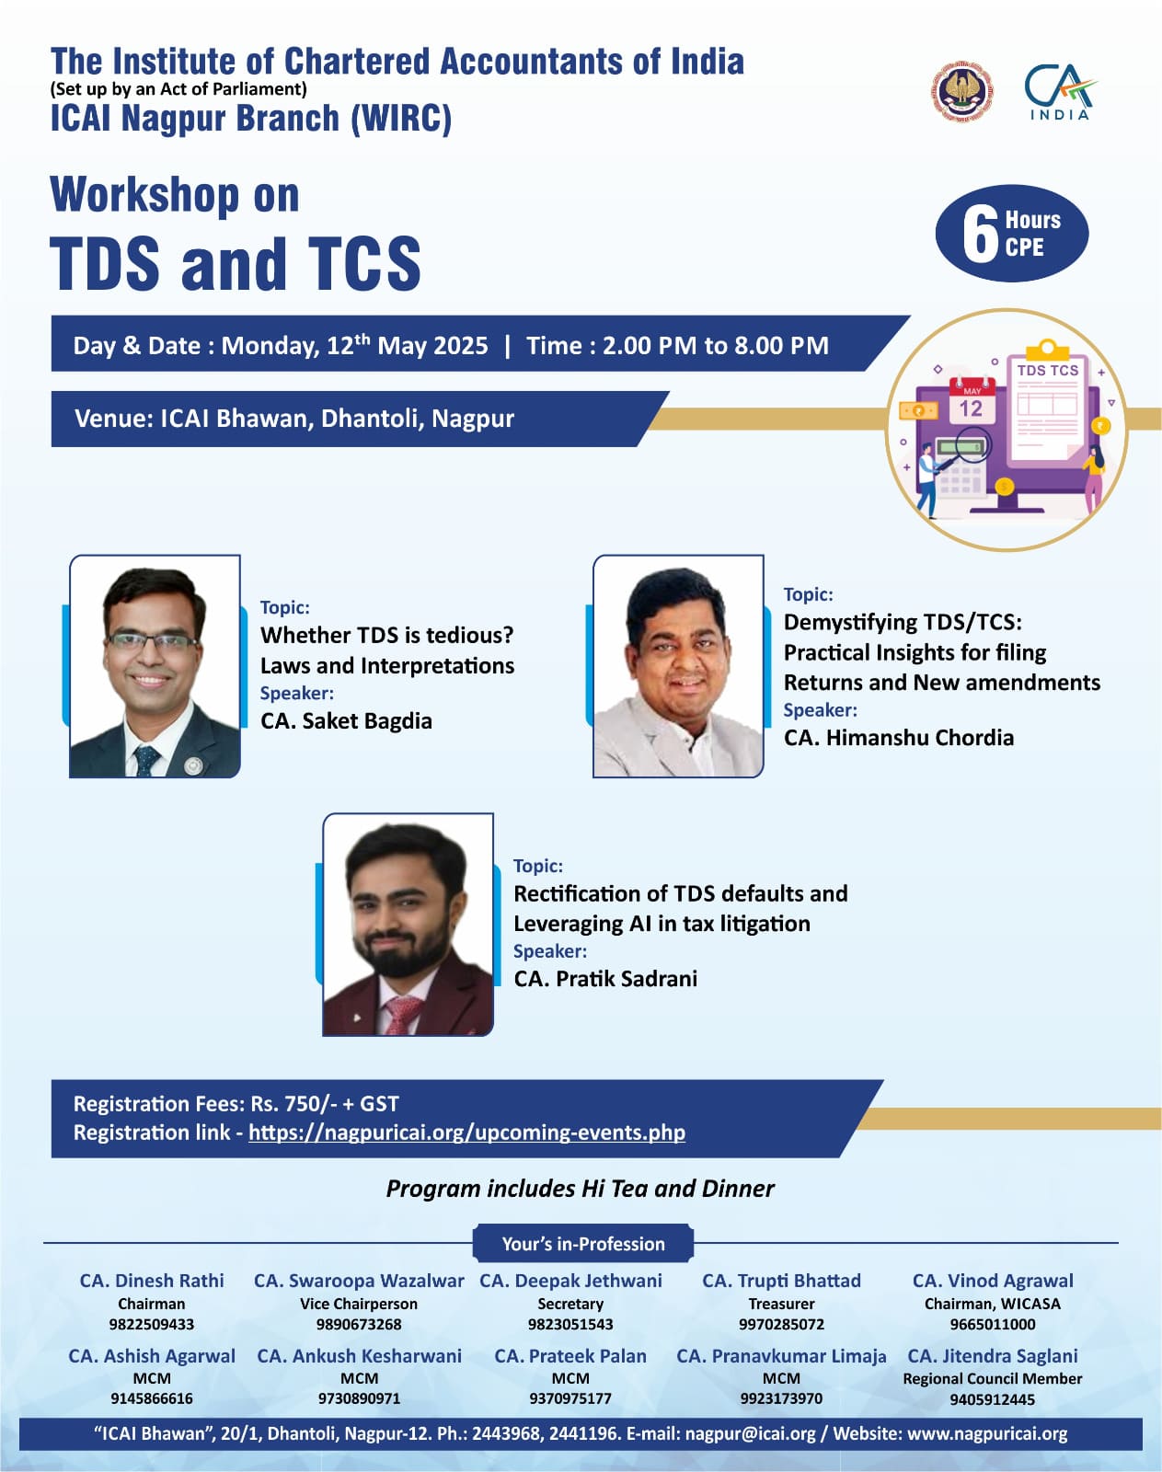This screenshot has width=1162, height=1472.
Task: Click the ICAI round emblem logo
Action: click(x=961, y=91)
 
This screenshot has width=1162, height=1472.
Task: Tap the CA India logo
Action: click(x=1060, y=92)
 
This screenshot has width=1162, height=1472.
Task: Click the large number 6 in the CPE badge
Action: click(x=980, y=235)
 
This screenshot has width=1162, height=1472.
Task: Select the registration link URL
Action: click(x=466, y=1133)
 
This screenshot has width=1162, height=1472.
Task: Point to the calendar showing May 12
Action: click(x=972, y=401)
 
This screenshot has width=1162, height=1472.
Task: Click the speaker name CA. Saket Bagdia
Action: click(x=346, y=721)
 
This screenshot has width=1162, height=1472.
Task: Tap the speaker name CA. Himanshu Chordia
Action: click(x=898, y=737)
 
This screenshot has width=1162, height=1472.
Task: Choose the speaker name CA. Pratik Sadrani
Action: click(x=605, y=979)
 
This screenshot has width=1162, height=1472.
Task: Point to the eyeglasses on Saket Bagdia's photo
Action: click(x=152, y=641)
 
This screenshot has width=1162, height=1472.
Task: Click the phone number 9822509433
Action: click(x=152, y=1324)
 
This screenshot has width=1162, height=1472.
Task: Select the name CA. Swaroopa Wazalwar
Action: click(x=359, y=1281)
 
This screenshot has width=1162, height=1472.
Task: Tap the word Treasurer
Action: click(x=781, y=1304)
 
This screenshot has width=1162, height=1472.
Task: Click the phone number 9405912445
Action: click(x=992, y=1399)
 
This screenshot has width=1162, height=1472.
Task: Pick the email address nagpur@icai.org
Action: click(x=750, y=1433)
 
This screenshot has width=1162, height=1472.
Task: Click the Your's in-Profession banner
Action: click(x=582, y=1243)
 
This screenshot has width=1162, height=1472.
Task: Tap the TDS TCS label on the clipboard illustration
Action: click(x=1047, y=370)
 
